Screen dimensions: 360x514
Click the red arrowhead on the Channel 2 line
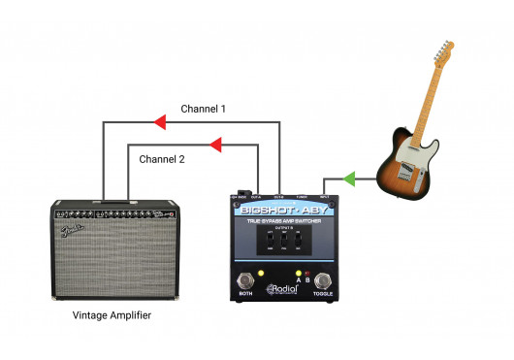[215, 146]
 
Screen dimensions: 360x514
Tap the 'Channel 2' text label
[162, 158]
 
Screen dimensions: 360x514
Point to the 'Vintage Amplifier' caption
[112, 316]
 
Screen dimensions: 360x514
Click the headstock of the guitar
[443, 53]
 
